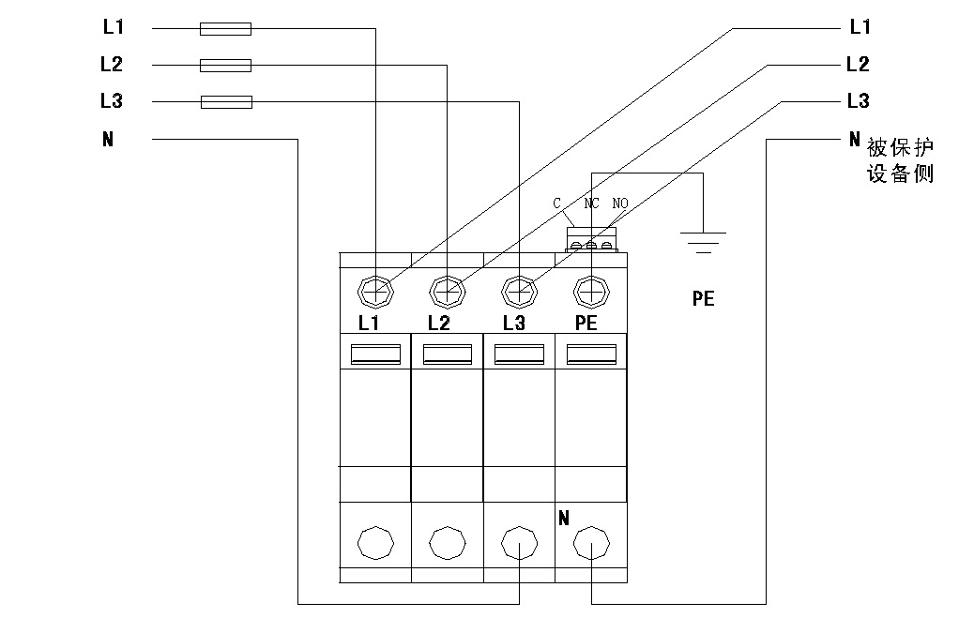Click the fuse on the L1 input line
[226, 29]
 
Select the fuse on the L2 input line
[226, 66]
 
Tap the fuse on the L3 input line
[226, 101]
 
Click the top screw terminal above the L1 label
[376, 293]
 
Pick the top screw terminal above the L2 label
[448, 293]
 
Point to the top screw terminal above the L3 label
[520, 293]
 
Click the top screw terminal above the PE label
[592, 293]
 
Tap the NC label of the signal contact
[591, 203]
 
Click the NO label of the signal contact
[620, 203]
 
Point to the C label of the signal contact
[556, 203]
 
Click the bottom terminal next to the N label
[592, 542]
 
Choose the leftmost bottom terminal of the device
[376, 542]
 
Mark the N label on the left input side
[108, 140]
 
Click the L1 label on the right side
[860, 28]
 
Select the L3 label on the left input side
[112, 101]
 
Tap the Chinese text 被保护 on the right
[900, 149]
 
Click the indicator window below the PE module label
[592, 354]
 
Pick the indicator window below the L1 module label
[376, 354]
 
